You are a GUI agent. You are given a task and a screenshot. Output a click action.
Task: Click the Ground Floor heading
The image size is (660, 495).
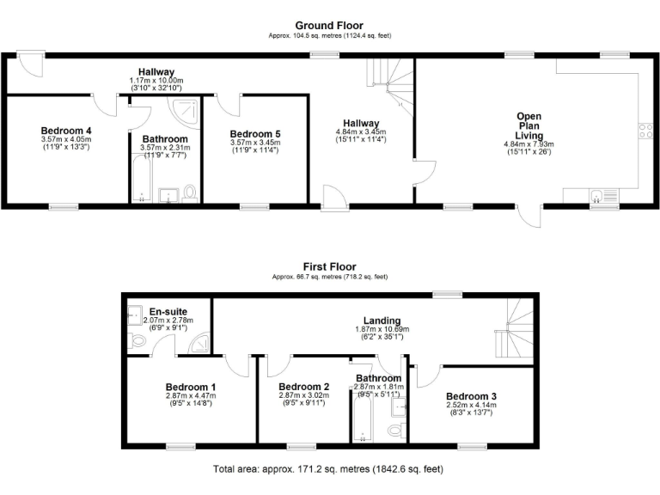[x=329, y=25]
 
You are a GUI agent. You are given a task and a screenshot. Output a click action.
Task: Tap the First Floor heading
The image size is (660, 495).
[x=329, y=266]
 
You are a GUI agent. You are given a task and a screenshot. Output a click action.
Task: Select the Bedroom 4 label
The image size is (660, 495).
[x=65, y=131]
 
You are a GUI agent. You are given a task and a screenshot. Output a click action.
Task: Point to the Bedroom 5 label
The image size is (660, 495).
[x=256, y=134]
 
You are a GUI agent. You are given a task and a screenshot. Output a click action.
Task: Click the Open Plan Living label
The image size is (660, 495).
[x=529, y=125]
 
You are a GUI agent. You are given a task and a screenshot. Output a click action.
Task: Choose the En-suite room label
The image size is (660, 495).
[x=168, y=311]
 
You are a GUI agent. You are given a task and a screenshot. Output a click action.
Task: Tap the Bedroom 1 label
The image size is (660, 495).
[x=191, y=387]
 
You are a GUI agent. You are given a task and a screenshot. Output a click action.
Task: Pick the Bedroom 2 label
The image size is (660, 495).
[x=304, y=387]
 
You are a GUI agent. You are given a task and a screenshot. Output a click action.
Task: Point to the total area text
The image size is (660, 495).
[x=329, y=470]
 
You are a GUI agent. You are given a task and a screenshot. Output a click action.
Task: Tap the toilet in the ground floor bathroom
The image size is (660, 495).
[x=190, y=193]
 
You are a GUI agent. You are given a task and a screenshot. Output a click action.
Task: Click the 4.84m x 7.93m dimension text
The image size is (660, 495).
[x=529, y=144]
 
